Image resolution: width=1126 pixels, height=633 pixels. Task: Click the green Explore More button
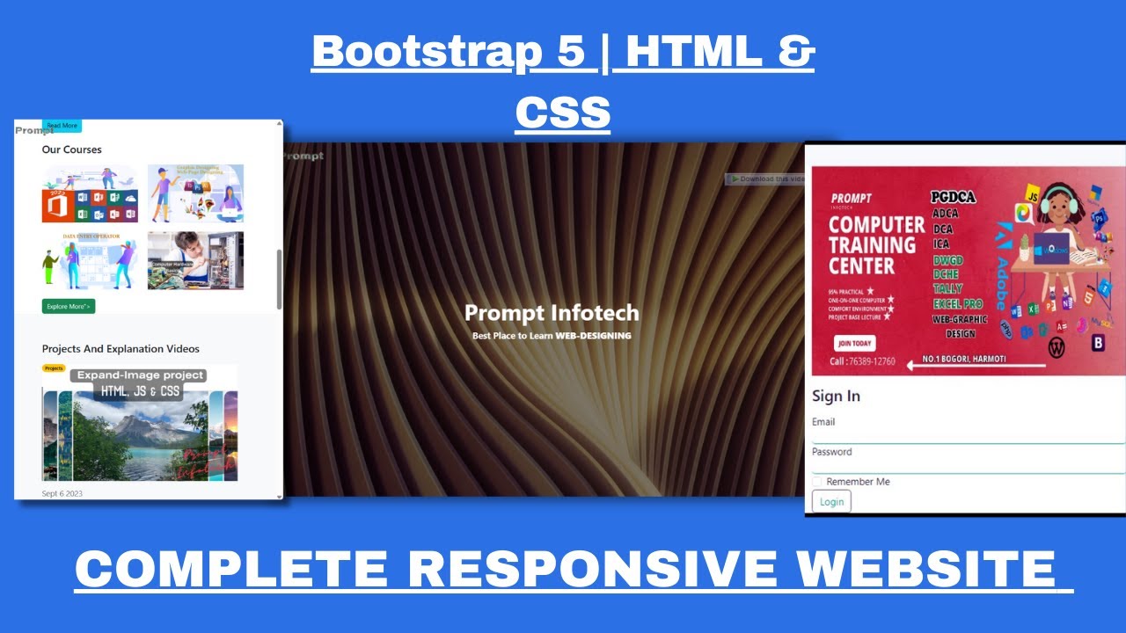(68, 306)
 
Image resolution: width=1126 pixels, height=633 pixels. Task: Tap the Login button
(831, 502)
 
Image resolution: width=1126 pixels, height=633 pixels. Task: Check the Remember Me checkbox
(817, 482)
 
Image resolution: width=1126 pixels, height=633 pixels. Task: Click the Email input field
(968, 435)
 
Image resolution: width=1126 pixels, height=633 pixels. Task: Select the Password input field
(968, 465)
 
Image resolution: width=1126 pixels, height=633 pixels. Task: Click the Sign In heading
(836, 396)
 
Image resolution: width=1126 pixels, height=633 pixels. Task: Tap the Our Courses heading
(71, 149)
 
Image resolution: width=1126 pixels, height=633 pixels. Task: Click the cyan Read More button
(62, 126)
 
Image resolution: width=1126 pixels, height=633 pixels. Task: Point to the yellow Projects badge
(54, 368)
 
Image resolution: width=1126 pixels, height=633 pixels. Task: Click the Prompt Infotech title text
(552, 313)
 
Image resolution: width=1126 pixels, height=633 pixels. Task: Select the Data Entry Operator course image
(90, 260)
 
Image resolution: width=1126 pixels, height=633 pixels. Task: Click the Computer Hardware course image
(195, 260)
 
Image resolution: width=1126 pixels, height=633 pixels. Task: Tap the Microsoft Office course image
(90, 193)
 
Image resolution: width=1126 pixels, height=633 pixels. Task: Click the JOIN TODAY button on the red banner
(854, 344)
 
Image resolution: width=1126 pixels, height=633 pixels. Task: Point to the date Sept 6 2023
(62, 493)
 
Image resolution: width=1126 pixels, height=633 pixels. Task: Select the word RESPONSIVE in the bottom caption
(591, 569)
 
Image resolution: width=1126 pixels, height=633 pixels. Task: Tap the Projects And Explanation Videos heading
(121, 349)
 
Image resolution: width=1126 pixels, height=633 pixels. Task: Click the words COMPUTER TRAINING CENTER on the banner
(876, 245)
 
